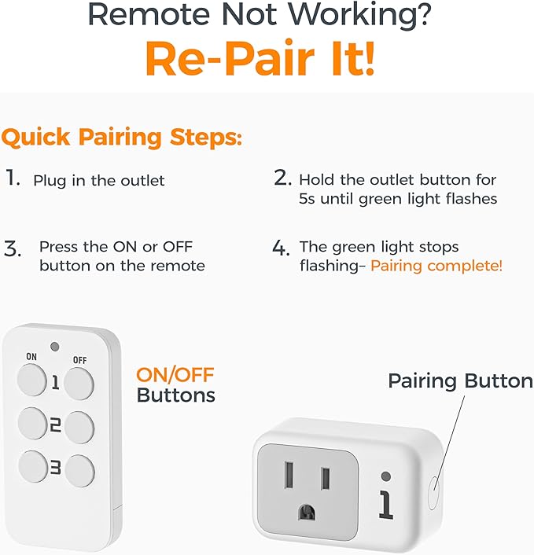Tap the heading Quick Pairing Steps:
coord(122,137)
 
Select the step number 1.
coord(13,178)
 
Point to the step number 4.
coord(281,248)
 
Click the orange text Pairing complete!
coord(436,266)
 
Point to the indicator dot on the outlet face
coord(385,476)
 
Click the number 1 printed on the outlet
coord(385,503)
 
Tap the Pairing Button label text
coord(460,381)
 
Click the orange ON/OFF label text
coord(175,374)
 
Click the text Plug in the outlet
coord(98,181)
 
